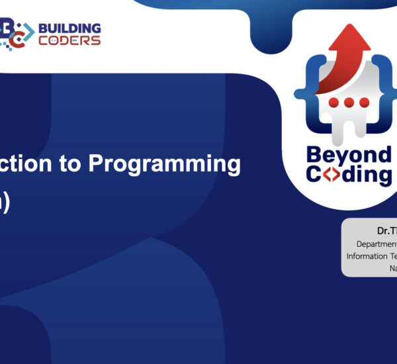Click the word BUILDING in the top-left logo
click(x=69, y=28)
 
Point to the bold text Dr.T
click(x=386, y=231)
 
